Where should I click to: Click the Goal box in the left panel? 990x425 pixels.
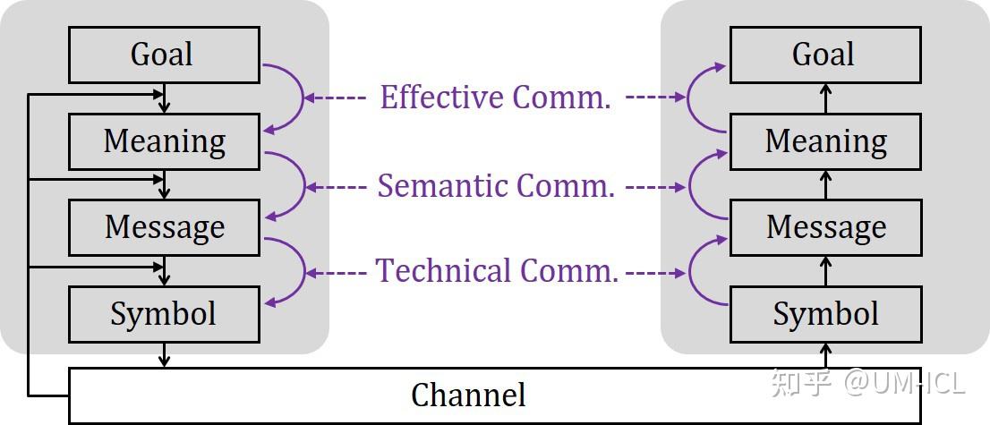coord(164,55)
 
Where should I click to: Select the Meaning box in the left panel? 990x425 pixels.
coord(164,141)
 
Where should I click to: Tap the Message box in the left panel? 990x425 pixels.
coord(164,227)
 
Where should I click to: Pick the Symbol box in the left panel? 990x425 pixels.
coord(164,314)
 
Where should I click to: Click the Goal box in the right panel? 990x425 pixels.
coord(824,55)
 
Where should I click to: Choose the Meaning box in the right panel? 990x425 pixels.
coord(824,141)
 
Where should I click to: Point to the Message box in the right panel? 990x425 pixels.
coord(824,227)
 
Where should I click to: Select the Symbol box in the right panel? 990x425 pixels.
coord(824,314)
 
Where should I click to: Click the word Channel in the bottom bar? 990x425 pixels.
coord(467,395)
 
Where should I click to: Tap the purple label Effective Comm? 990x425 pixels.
coord(495,98)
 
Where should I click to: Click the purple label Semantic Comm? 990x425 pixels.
coord(496,186)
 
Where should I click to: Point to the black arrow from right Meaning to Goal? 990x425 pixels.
coord(825,98)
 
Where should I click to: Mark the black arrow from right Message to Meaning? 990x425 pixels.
coord(825,184)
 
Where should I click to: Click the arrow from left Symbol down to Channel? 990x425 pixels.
coord(164,355)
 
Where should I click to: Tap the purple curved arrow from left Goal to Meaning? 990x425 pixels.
coord(295,98)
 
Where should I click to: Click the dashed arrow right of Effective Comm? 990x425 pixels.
coord(653,98)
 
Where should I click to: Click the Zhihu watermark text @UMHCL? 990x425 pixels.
coord(904,383)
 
